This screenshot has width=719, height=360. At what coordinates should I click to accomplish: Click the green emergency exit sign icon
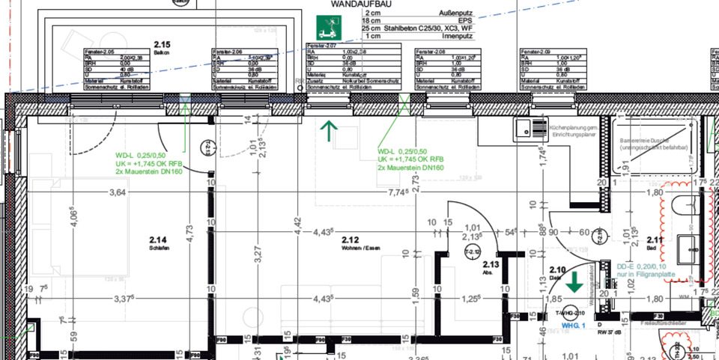coord(327,28)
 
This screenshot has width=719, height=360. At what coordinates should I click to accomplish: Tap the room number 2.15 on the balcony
coord(161,45)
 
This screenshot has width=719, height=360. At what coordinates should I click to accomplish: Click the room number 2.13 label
coord(491,265)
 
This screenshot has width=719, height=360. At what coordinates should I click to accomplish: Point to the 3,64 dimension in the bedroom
coord(118,193)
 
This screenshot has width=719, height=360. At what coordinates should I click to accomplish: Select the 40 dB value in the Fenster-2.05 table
coord(130,69)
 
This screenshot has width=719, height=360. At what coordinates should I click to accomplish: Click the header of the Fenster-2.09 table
coord(536,51)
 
